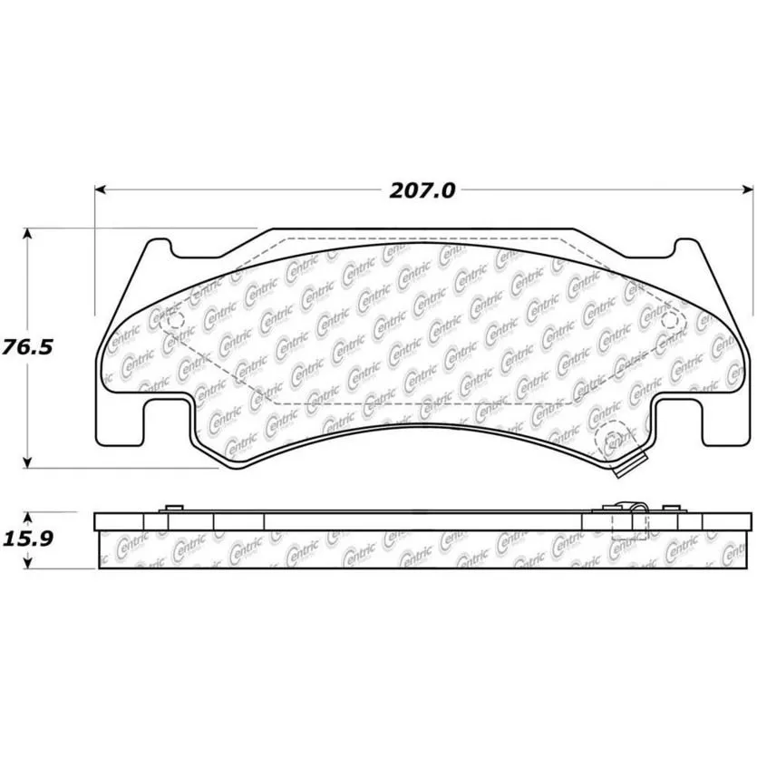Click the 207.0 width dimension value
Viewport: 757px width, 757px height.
click(422, 190)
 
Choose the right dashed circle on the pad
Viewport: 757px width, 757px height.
click(671, 320)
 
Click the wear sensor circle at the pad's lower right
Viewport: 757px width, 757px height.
click(613, 442)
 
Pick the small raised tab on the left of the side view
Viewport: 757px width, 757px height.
click(172, 508)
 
